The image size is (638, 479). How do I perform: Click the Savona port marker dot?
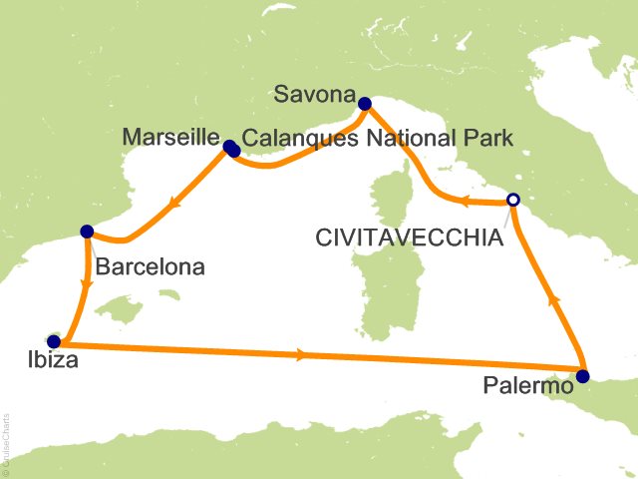pyautogui.click(x=365, y=102)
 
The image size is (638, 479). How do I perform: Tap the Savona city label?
pyautogui.click(x=316, y=97)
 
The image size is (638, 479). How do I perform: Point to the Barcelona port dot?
pyautogui.click(x=86, y=232)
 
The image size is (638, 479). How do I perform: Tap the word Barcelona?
pyautogui.click(x=151, y=266)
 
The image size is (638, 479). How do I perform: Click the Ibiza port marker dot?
pyautogui.click(x=53, y=341)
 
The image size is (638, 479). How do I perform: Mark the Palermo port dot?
pyautogui.click(x=582, y=376)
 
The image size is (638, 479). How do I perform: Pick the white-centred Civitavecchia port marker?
pyautogui.click(x=512, y=200)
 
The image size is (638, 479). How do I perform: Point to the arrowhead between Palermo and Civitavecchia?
pyautogui.click(x=553, y=298)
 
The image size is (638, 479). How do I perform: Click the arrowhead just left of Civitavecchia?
pyautogui.click(x=466, y=203)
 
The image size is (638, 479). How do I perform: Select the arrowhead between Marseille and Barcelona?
pyautogui.click(x=174, y=206)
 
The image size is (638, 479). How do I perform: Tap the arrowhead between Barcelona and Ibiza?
pyautogui.click(x=87, y=282)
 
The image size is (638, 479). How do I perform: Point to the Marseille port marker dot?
pyautogui.click(x=231, y=149)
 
